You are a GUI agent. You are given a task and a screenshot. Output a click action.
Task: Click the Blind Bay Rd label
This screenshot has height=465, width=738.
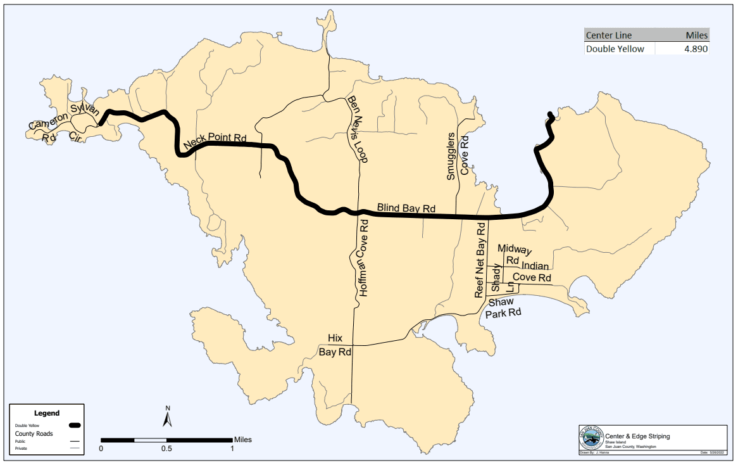point(406,207)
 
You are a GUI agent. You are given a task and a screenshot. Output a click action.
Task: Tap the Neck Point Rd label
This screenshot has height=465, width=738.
point(215,142)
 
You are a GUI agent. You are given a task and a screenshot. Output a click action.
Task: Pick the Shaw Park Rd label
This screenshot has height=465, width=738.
point(504,307)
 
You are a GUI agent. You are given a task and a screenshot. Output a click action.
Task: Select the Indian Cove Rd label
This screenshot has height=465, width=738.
point(533,272)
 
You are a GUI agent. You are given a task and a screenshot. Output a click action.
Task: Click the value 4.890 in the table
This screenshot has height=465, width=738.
point(695,49)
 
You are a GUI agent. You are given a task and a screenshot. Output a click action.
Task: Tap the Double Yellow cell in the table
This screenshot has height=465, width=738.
point(615,49)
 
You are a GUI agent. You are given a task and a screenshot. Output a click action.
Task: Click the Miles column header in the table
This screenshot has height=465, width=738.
point(697,35)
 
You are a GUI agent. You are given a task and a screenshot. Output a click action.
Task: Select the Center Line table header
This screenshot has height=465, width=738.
point(608,35)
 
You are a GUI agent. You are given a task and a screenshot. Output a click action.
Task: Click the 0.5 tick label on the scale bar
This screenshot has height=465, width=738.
point(166,449)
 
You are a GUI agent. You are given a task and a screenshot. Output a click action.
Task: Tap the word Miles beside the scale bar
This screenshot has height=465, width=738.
point(243,439)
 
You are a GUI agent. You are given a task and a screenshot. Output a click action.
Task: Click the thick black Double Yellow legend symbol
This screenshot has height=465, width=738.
point(75,424)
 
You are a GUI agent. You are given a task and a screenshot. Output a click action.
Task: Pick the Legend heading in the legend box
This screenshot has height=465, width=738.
point(47,413)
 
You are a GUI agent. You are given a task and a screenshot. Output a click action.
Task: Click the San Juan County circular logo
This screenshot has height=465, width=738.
point(591,438)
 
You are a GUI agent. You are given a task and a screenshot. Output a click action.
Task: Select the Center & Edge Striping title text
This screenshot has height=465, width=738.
point(637,436)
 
